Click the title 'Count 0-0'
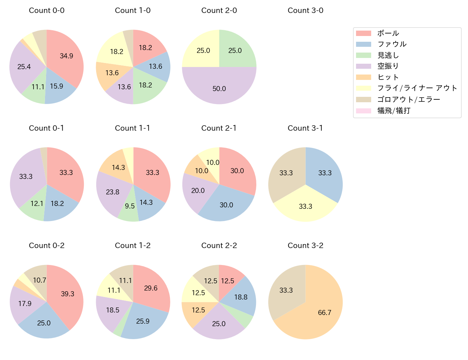coord(46,10)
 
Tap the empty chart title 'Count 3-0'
coord(305,10)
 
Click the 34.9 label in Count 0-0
coord(66,56)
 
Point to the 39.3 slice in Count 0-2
coord(67,294)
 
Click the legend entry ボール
coord(388,33)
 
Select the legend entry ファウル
coord(392,44)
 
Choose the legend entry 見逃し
coord(388,55)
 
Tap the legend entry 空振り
coord(388,66)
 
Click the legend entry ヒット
coord(388,77)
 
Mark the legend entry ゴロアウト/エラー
coord(408,99)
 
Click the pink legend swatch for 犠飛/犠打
coord(363,111)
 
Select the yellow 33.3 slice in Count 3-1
coord(305,206)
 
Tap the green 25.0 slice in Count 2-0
coord(235,50)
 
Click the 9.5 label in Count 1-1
coord(130,206)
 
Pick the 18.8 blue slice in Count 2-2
coord(240,297)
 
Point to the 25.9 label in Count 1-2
coord(143,321)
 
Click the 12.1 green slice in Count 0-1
coord(36,204)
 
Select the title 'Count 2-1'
coord(219,128)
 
